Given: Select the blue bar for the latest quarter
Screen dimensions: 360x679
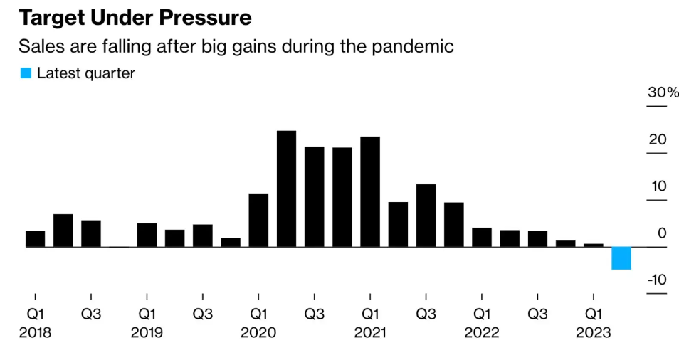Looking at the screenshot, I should [x=621, y=258].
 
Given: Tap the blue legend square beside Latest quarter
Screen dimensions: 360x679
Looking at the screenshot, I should [x=26, y=73].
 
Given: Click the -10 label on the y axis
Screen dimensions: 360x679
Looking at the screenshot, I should [x=657, y=280].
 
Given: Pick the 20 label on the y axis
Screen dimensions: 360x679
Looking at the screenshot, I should [x=657, y=139].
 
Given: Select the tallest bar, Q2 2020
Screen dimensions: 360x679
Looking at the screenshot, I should [x=286, y=189].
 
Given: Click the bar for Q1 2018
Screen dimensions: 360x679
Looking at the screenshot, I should [x=35, y=238].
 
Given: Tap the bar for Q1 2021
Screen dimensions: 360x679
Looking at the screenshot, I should [x=370, y=191].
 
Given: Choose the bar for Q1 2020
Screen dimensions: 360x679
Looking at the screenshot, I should [x=258, y=220].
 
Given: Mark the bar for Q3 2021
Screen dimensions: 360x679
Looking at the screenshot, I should [x=426, y=215].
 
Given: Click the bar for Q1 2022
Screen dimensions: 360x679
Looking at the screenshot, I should [x=482, y=237].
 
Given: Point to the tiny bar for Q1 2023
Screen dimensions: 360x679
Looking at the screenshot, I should [x=594, y=245].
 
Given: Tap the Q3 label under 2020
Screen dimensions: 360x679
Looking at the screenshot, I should [x=315, y=314].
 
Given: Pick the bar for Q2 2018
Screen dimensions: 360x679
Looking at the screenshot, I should [x=63, y=230].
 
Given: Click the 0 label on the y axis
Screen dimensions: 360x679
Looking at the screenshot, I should [x=662, y=233].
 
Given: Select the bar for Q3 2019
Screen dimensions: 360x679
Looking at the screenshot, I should [x=203, y=235].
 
